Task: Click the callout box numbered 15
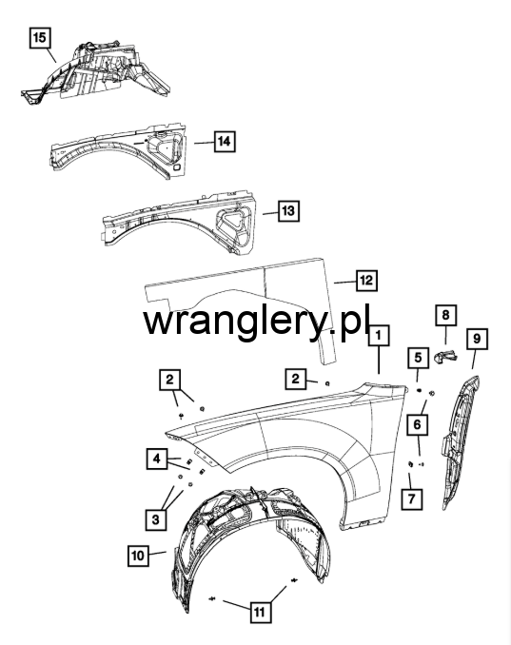(x=40, y=38)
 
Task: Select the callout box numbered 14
(x=225, y=142)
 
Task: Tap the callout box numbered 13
(x=288, y=211)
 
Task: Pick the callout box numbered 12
(x=366, y=281)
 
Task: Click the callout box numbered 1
(x=379, y=335)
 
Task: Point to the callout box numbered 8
(x=446, y=316)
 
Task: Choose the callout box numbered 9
(x=477, y=339)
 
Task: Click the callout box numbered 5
(x=418, y=358)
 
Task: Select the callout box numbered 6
(x=418, y=424)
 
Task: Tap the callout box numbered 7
(x=412, y=498)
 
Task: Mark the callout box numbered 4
(x=157, y=459)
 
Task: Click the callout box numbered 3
(x=155, y=519)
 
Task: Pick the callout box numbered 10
(x=138, y=556)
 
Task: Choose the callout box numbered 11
(x=260, y=613)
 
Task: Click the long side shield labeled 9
(x=460, y=442)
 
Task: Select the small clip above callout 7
(x=410, y=464)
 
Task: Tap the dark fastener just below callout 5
(x=420, y=390)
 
